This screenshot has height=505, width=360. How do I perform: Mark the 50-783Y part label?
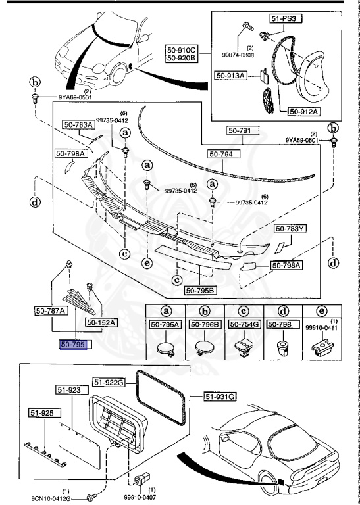click(291, 229)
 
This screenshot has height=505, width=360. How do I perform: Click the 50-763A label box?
click(78, 124)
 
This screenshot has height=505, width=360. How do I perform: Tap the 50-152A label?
click(102, 322)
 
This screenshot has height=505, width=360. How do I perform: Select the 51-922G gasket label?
click(109, 382)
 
